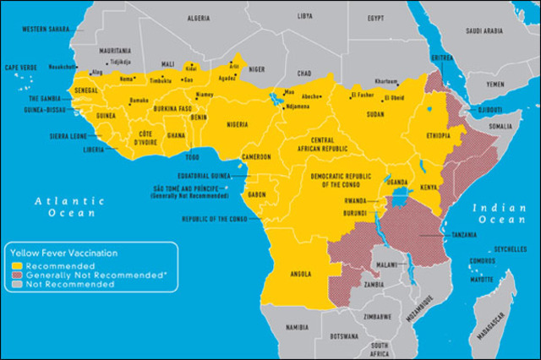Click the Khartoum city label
pos(386,81)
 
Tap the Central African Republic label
pos(333,145)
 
